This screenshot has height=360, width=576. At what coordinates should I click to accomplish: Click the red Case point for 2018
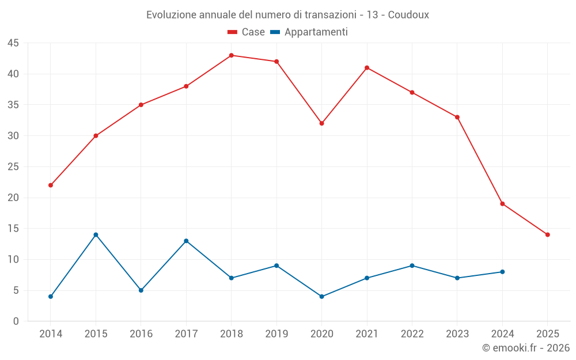231,55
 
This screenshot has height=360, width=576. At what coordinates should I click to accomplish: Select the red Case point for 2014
51,185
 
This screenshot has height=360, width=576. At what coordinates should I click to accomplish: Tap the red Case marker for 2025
547,234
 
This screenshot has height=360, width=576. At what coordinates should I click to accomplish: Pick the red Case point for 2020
321,123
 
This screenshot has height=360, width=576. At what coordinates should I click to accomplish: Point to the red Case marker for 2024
502,204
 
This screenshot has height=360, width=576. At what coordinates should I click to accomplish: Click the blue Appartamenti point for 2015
96,234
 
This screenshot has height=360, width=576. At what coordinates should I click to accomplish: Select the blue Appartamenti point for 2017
186,241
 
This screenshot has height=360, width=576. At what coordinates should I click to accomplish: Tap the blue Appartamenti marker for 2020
321,297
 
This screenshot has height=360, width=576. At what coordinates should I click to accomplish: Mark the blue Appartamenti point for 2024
502,272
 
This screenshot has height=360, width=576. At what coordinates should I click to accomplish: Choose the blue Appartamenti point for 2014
51,297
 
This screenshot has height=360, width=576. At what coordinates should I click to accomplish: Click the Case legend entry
247,32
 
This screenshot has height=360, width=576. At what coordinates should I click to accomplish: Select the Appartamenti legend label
316,32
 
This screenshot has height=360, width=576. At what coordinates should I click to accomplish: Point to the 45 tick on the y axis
13,43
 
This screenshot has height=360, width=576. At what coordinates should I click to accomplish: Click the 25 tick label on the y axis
13,167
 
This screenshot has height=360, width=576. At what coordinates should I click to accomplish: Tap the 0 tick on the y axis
16,321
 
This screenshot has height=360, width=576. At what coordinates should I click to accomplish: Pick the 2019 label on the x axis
276,334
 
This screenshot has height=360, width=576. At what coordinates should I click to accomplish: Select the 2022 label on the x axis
412,334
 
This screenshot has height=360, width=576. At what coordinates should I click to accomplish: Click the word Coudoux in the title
408,15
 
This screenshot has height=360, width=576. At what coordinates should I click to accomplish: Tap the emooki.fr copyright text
525,348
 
